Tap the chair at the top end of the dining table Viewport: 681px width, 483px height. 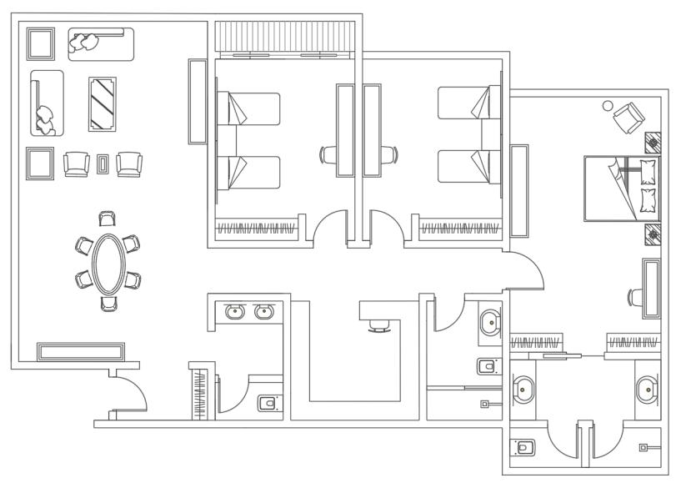click(107, 219)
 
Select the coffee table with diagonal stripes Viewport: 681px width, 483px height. click(103, 104)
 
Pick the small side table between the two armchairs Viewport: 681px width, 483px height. click(103, 164)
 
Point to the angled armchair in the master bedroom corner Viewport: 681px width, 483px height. click(627, 116)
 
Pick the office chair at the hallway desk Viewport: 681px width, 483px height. click(378, 325)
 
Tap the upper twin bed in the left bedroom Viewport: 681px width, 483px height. click(248, 109)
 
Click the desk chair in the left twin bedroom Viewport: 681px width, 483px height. click(328, 154)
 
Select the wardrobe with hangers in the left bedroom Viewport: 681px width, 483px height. click(257, 228)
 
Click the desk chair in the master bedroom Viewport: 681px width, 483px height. click(635, 295)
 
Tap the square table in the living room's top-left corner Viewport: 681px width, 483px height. click(40, 44)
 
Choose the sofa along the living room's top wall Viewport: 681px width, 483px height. click(100, 43)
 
